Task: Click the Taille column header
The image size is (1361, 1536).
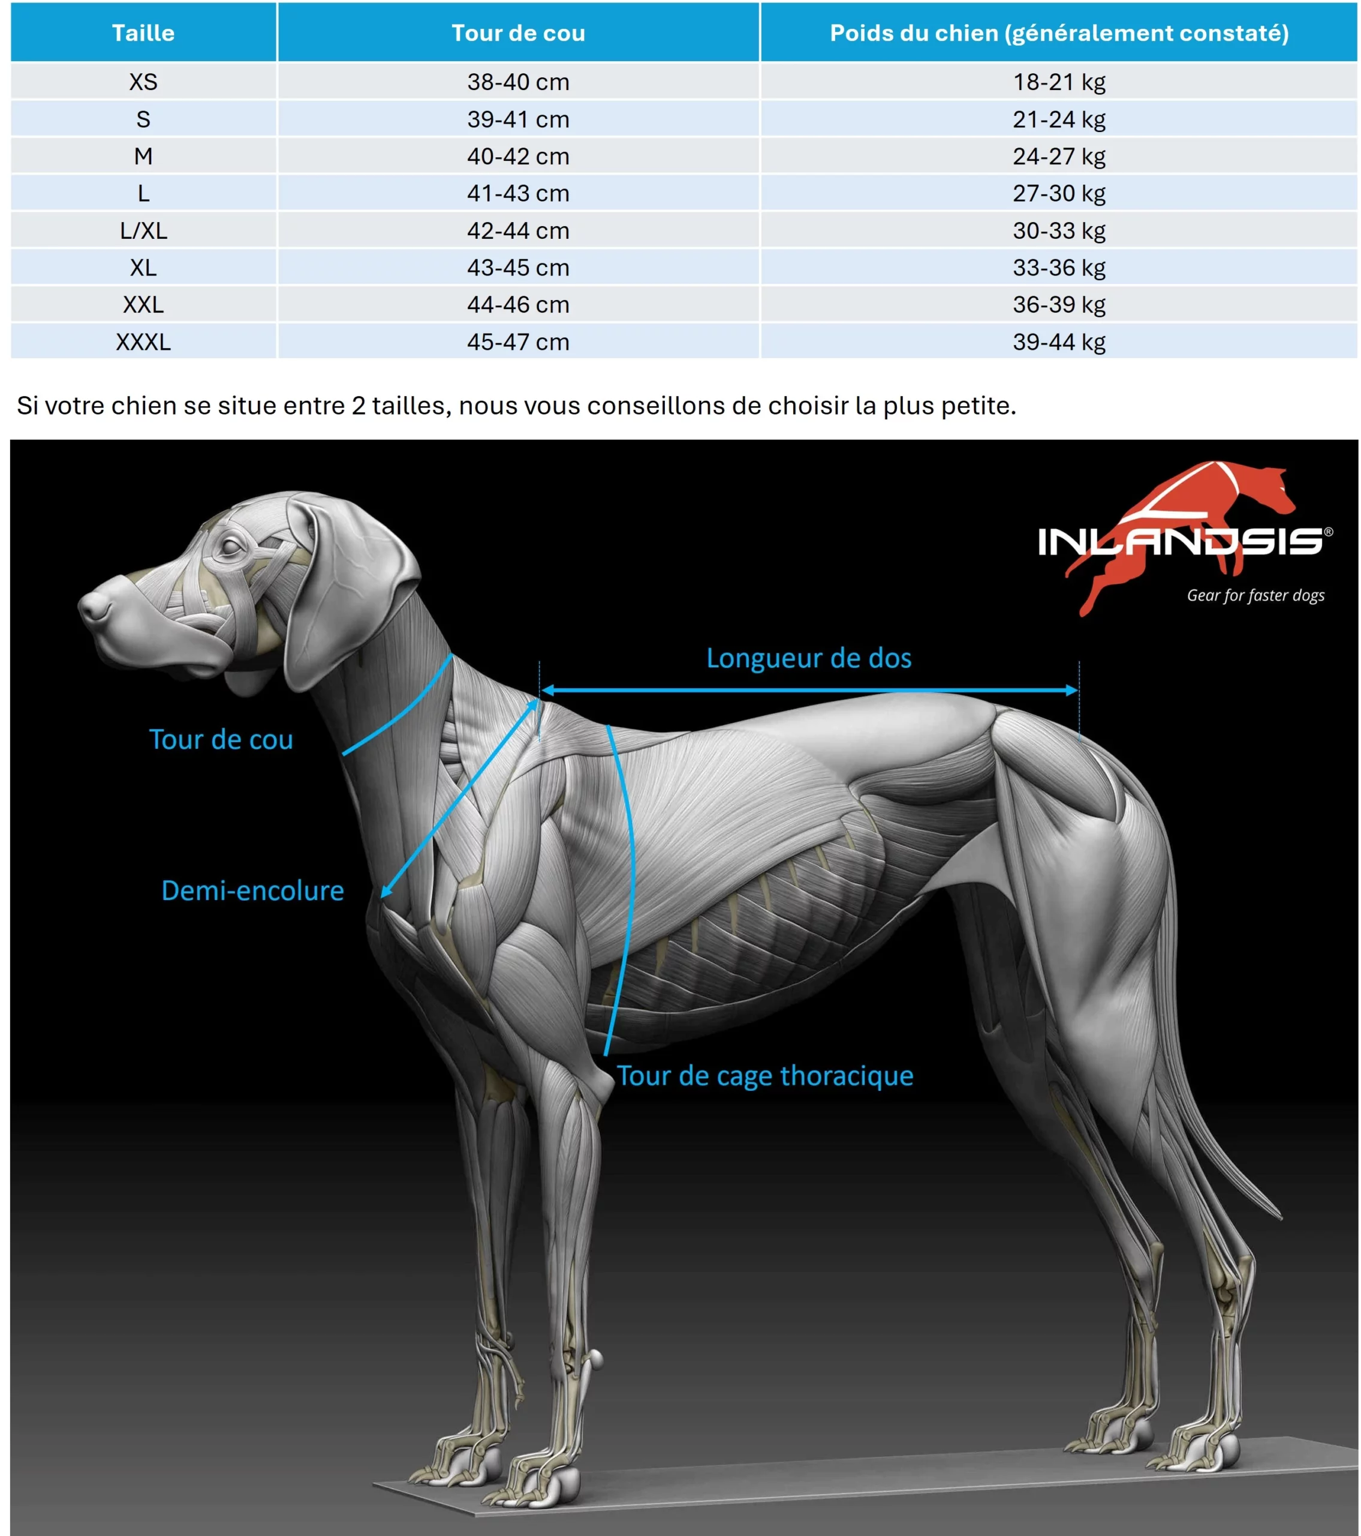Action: tap(143, 33)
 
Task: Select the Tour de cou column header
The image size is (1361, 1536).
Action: tap(517, 33)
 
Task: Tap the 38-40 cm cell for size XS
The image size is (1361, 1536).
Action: tap(517, 82)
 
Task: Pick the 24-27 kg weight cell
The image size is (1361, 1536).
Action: tap(1058, 157)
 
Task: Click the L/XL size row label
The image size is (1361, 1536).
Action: tap(143, 231)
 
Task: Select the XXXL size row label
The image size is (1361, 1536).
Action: tap(143, 342)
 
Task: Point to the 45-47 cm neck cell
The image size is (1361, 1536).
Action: tap(517, 342)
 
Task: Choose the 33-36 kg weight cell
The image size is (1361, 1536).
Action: tap(1058, 268)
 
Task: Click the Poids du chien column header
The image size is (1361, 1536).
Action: tap(1058, 33)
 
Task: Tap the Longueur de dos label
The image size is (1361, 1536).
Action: tap(808, 658)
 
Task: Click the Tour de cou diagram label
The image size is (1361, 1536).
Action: tap(221, 739)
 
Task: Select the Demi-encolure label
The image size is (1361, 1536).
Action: tap(252, 890)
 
